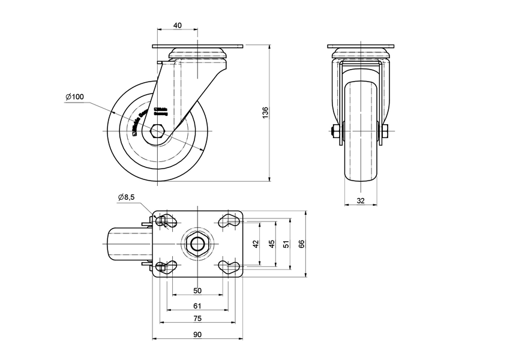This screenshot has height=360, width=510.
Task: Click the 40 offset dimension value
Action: (x=178, y=26)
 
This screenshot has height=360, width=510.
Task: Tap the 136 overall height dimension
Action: (x=265, y=113)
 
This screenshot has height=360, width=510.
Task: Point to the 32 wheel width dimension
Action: (x=360, y=201)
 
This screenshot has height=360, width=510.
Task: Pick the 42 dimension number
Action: (x=256, y=244)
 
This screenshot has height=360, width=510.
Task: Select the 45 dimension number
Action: (x=271, y=244)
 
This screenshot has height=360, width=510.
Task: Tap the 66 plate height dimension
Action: (x=302, y=244)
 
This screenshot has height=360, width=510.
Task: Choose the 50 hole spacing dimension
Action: (x=197, y=290)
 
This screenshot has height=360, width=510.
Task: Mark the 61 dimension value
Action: (x=197, y=306)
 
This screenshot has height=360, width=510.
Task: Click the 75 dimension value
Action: (x=197, y=319)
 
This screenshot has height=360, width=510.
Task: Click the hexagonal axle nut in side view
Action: (x=158, y=131)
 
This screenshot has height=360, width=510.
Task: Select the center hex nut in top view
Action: (x=197, y=244)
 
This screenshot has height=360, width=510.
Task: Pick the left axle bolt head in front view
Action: (x=333, y=131)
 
